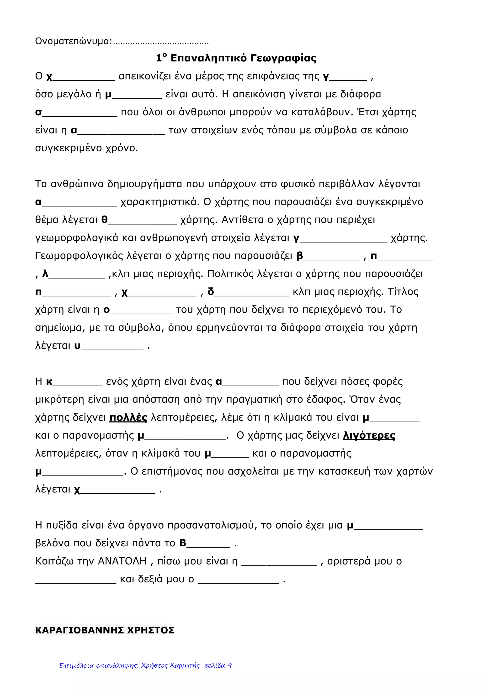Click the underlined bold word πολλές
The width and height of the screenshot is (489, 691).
[x=128, y=418]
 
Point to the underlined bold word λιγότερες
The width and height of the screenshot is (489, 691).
[x=369, y=436]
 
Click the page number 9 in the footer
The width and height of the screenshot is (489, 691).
[x=230, y=674]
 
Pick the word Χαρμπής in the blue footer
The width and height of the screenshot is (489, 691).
[x=185, y=674]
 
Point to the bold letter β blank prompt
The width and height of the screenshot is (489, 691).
[x=300, y=256]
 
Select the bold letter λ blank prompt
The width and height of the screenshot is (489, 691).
[x=45, y=274]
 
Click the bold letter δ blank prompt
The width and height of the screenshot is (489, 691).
[x=211, y=292]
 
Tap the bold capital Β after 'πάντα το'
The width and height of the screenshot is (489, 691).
[x=183, y=543]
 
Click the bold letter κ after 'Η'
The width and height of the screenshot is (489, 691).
[x=49, y=382]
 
